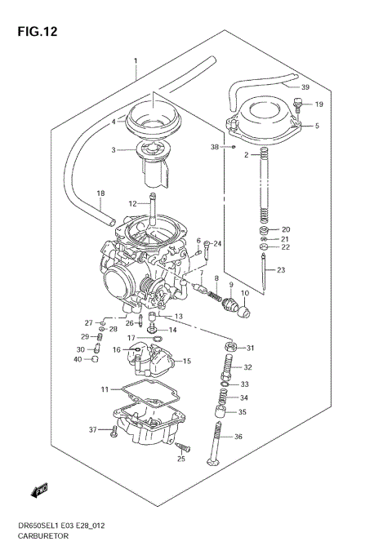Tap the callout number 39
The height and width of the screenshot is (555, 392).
tap(305, 87)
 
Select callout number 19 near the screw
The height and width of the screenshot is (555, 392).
tap(318, 104)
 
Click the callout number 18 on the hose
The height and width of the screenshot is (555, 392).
tap(101, 193)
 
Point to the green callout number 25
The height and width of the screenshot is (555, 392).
tap(181, 460)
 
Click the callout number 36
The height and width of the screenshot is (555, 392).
tap(238, 437)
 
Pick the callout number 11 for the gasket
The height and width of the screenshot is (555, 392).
tap(105, 388)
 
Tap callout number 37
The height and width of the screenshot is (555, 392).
tap(93, 429)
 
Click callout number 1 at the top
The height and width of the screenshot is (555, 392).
tap(136, 62)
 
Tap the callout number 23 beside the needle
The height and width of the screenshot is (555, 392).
tap(281, 270)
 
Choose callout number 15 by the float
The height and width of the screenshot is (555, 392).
tap(186, 361)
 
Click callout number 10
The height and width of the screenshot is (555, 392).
tap(244, 291)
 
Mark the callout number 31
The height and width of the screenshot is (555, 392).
tap(251, 348)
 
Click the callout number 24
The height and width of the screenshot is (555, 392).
tap(217, 243)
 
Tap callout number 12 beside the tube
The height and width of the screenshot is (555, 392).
tap(131, 203)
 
